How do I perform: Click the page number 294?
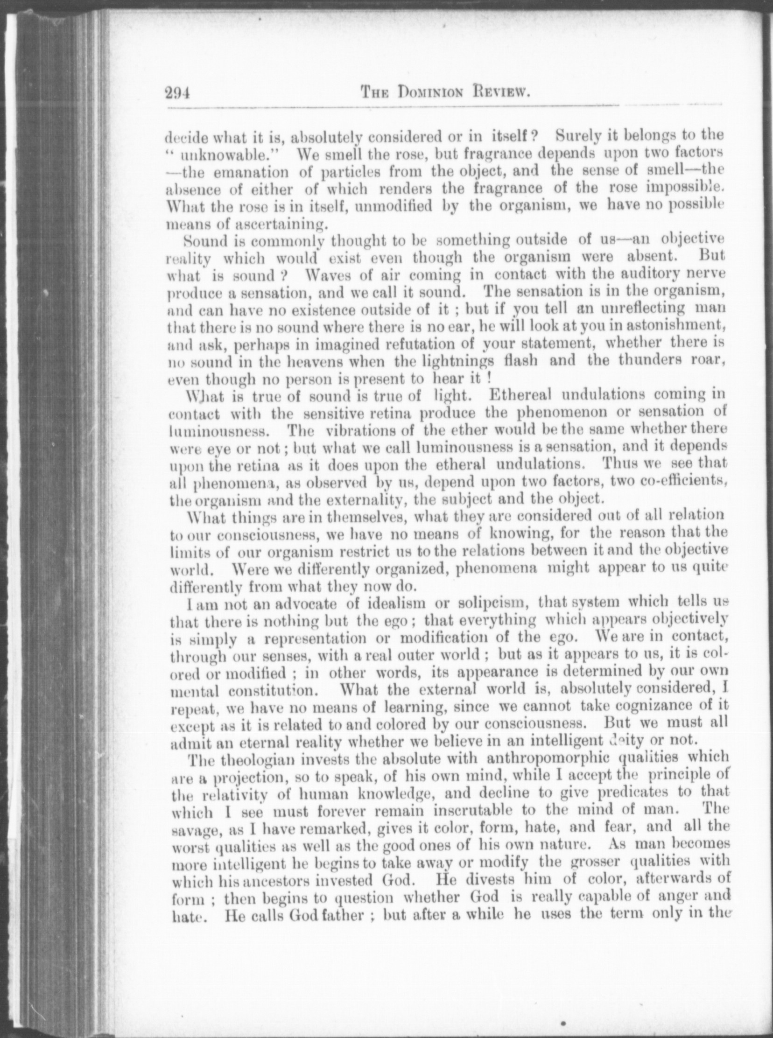click(176, 93)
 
